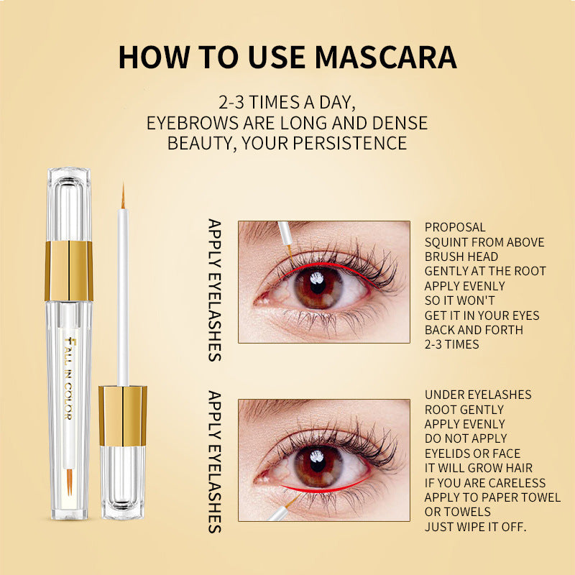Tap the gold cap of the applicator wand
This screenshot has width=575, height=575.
pos(123,415)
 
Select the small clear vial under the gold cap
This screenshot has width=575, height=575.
pos(123,482)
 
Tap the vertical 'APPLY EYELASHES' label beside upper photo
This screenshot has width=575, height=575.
pos(214,290)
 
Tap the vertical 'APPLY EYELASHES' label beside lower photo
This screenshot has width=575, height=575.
pos(214,462)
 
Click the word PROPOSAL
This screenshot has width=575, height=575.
pos(455,227)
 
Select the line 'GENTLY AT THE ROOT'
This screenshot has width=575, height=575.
pos(485,271)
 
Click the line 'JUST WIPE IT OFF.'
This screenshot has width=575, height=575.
pos(475,527)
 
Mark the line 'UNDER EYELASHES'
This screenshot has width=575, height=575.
pos(478,395)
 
